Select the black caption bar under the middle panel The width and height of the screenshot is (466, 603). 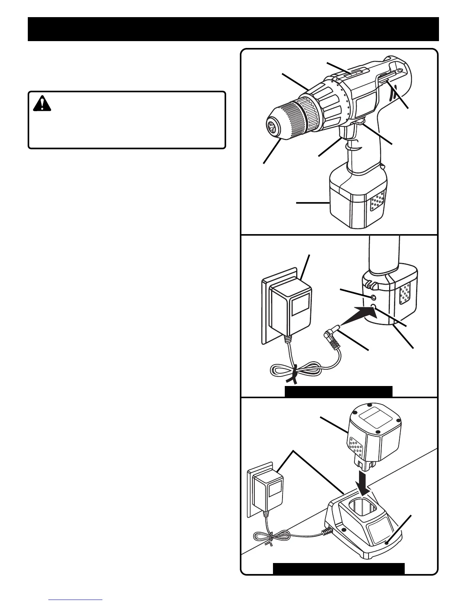pyautogui.click(x=338, y=391)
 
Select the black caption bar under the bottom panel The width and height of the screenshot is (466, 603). pyautogui.click(x=338, y=568)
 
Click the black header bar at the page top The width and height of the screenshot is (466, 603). pyautogui.click(x=233, y=29)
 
